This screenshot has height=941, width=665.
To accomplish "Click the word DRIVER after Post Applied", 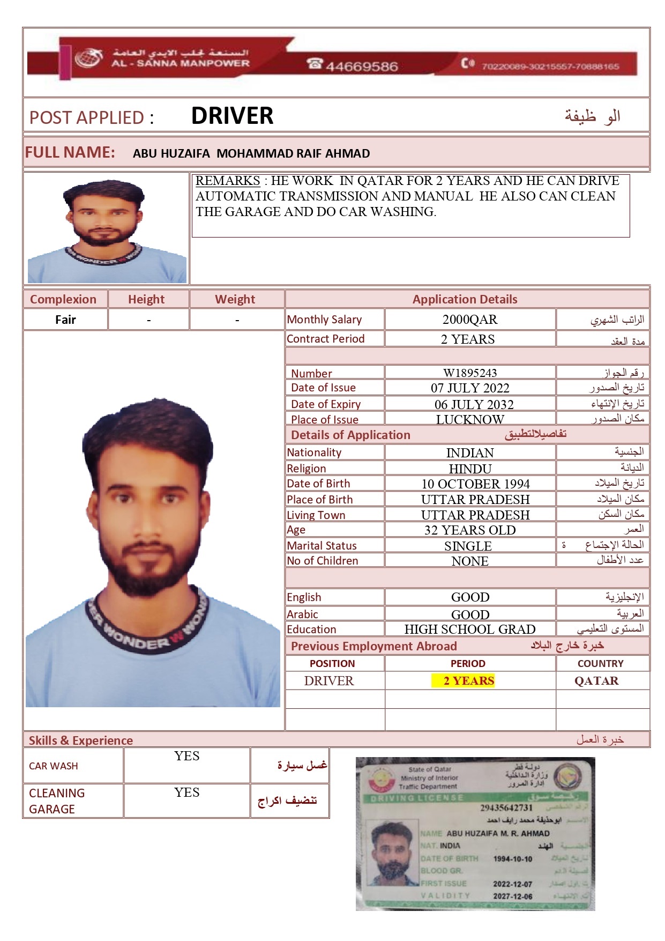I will click(x=232, y=116).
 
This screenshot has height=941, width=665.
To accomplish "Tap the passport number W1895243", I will click(x=470, y=373).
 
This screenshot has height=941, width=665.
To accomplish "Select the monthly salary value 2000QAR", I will click(x=470, y=320).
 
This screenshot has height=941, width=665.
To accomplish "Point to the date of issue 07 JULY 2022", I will click(x=470, y=388).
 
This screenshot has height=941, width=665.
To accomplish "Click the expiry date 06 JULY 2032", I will click(x=474, y=404).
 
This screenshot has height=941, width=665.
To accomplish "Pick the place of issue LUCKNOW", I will click(x=470, y=419).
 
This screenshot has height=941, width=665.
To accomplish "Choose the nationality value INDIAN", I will click(x=470, y=453).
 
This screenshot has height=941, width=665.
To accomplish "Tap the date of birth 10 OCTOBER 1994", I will click(x=475, y=484).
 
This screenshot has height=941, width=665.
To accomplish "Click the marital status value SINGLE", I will click(x=468, y=546).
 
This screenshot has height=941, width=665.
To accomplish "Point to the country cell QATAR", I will click(x=596, y=681).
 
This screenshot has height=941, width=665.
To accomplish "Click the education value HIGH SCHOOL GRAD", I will click(x=470, y=629).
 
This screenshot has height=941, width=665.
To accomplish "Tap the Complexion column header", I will click(x=63, y=299).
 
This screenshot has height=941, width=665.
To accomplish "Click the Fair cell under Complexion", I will click(x=65, y=320).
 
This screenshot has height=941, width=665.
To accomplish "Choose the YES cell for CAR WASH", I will click(x=186, y=757).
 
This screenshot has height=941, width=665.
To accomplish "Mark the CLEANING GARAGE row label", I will click(x=57, y=801).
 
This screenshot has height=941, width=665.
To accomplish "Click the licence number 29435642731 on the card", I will click(x=506, y=807).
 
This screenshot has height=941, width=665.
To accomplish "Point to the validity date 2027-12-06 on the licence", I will click(x=513, y=896).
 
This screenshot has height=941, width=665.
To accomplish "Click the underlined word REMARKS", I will click(x=228, y=181).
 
